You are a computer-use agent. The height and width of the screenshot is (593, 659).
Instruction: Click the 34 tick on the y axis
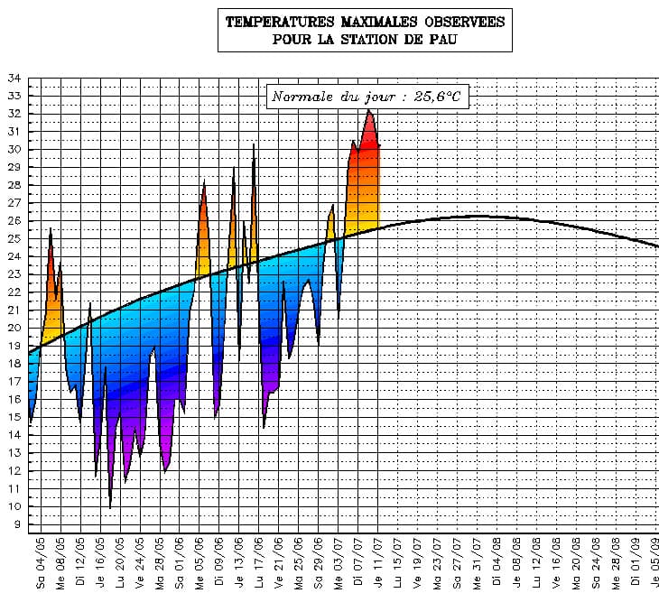coord(14,78)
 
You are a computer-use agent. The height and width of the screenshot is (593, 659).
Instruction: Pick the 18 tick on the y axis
coord(14,363)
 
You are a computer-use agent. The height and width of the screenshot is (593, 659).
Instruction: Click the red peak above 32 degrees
coord(369,112)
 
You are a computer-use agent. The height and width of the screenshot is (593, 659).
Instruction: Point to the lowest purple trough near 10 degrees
coord(110,505)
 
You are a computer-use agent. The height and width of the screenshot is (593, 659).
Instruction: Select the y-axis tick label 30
coord(14,149)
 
